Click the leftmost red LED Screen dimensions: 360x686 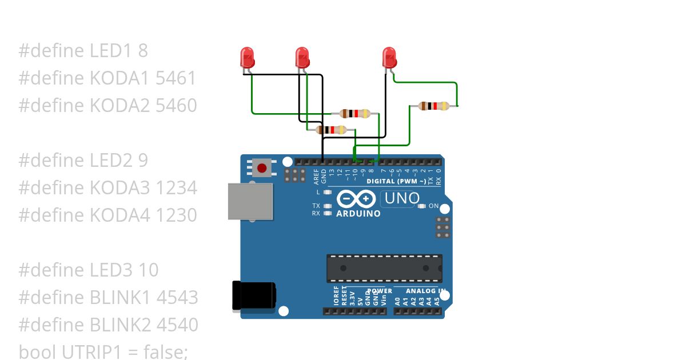coord(248,57)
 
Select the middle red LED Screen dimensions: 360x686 coord(302,57)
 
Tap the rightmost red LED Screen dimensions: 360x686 coord(389,57)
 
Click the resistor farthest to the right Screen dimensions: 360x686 coord(433,106)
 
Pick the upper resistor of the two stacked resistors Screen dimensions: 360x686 coord(354,113)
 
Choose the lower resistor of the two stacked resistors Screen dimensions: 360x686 coord(331,130)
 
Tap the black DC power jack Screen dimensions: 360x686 coord(253,296)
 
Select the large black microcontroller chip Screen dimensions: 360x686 coord(384,268)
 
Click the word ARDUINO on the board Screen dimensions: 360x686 coord(358,214)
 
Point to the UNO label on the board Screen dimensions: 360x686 coord(402,199)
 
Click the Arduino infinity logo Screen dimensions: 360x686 coord(356,199)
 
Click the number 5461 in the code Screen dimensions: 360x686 coord(176,78)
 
